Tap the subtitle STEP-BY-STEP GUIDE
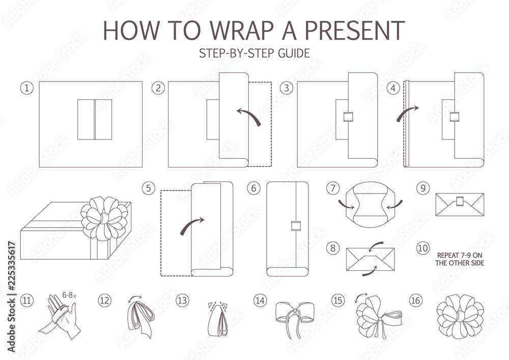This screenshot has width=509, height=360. [x=254, y=53]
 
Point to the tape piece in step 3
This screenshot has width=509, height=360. [x=349, y=117]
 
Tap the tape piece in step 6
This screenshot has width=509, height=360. [x=294, y=225]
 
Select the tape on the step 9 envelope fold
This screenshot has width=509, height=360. [x=460, y=202]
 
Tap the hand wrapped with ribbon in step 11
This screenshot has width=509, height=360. [x=60, y=316]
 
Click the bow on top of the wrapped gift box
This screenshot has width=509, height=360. [x=104, y=218]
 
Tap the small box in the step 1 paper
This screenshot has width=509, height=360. [x=95, y=120]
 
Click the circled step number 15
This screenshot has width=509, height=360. [x=337, y=300]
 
